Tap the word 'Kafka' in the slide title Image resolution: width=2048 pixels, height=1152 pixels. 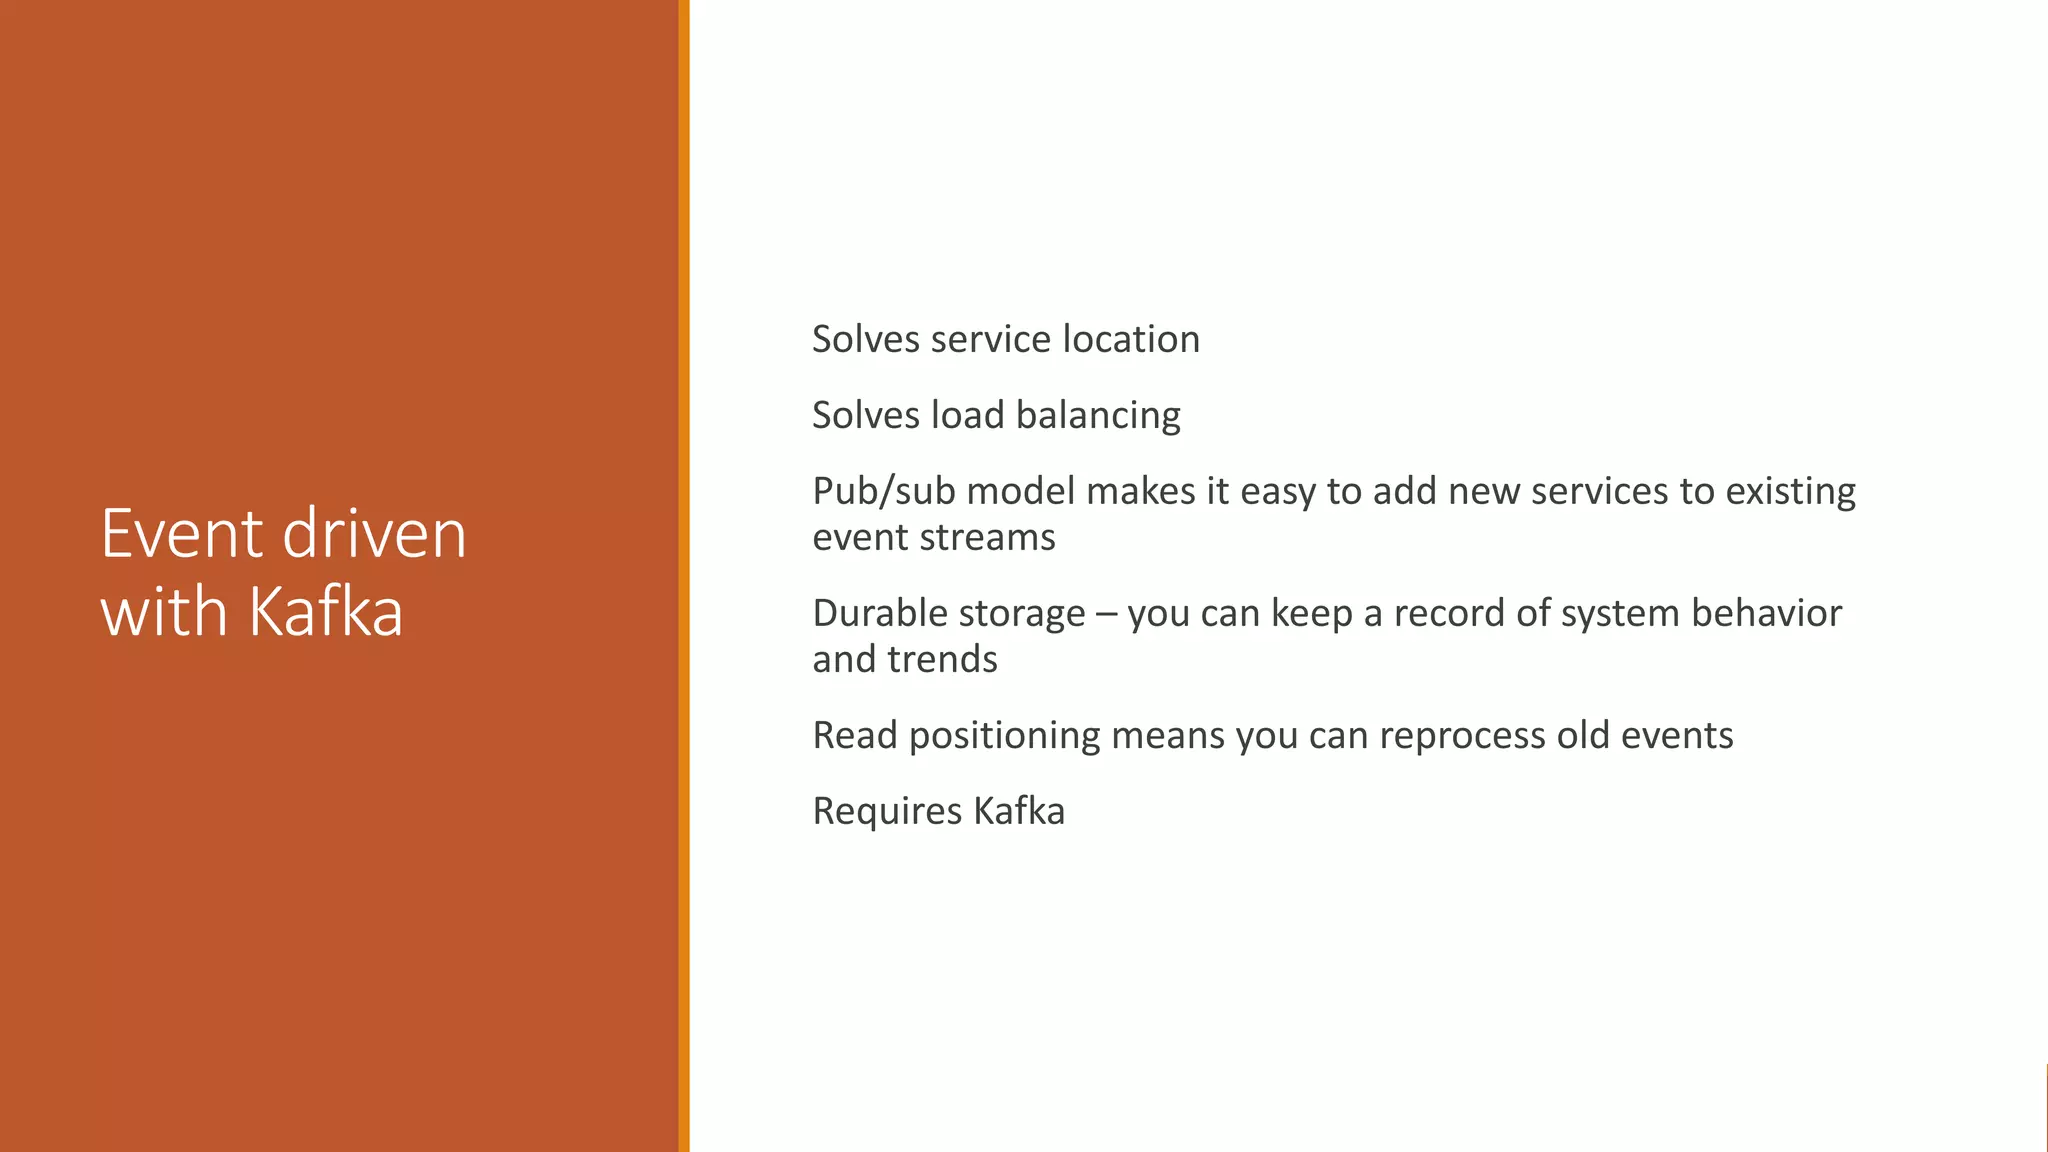pyautogui.click(x=325, y=611)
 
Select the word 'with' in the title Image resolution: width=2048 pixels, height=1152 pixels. pyautogui.click(x=165, y=611)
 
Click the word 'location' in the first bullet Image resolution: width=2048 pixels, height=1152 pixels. pyautogui.click(x=1131, y=339)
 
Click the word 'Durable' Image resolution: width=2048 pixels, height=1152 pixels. pyautogui.click(x=879, y=613)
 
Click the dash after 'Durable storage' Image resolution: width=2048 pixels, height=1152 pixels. pyautogui.click(x=1106, y=614)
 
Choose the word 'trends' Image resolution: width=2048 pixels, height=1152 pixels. pyautogui.click(x=950, y=659)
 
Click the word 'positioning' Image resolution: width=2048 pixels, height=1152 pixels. pyautogui.click(x=1003, y=736)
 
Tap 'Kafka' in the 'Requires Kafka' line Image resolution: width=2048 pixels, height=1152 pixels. pyautogui.click(x=1019, y=810)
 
